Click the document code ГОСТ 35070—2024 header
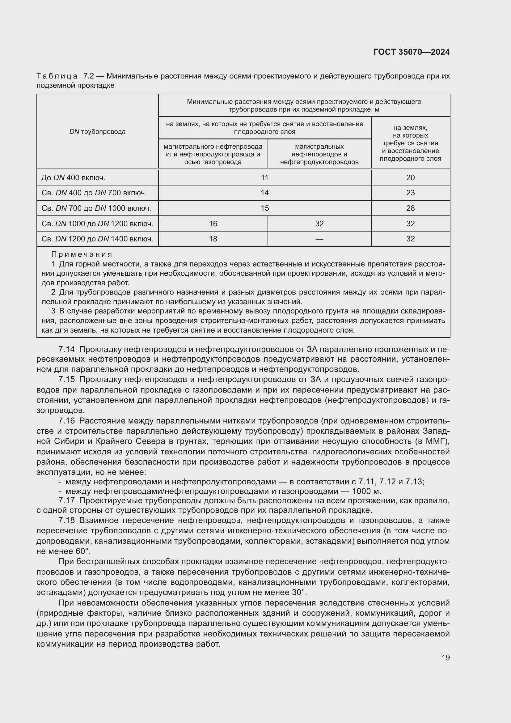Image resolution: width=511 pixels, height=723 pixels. point(411,52)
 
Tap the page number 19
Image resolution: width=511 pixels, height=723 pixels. point(446,657)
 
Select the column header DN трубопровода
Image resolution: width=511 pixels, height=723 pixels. point(97,132)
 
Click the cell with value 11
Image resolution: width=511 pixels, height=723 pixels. point(265,178)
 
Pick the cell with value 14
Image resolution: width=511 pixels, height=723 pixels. point(265,193)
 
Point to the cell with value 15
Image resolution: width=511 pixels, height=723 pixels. point(265,208)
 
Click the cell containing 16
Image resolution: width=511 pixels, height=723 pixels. point(213,223)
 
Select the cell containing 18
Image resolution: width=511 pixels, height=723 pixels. point(213,239)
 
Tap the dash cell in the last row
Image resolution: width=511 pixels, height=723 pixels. point(319,239)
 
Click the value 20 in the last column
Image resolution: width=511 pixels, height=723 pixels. point(410,178)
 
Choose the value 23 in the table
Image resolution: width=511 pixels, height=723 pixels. point(410,193)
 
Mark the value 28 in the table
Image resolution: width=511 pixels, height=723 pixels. point(410,208)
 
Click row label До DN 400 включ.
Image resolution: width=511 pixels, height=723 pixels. point(73,178)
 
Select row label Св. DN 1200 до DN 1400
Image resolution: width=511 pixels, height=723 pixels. point(97,239)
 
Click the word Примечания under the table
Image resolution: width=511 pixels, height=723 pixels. point(82,254)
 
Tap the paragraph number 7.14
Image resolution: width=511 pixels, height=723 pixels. point(66,350)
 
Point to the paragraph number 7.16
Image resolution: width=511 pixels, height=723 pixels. point(66,421)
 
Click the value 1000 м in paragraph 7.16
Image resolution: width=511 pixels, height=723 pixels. point(366,491)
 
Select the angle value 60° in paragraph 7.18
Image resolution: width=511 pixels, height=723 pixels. point(83,551)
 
